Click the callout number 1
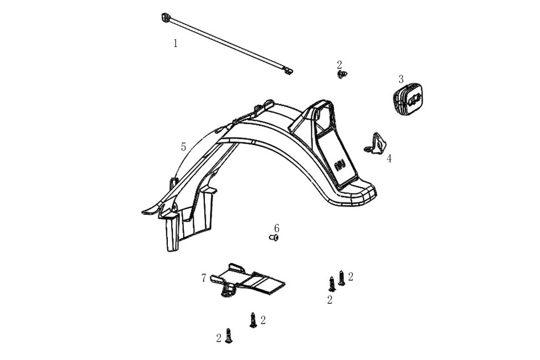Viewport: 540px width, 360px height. [176, 43]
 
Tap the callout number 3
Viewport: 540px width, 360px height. [401, 79]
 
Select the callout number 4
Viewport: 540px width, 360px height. [389, 158]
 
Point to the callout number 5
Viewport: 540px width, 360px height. [183, 147]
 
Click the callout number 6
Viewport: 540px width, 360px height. [276, 228]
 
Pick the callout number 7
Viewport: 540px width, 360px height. [204, 277]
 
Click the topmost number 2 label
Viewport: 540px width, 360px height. [340, 64]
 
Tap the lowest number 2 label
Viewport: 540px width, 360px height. [219, 337]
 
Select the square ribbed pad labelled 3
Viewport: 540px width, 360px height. [408, 100]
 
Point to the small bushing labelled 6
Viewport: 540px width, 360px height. [273, 238]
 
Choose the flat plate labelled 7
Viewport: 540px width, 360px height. [252, 280]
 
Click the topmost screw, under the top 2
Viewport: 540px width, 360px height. [342, 74]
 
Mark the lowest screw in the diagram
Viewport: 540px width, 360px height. [228, 335]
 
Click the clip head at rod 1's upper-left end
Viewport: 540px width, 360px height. [166, 18]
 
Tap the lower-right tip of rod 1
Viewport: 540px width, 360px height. [288, 71]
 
